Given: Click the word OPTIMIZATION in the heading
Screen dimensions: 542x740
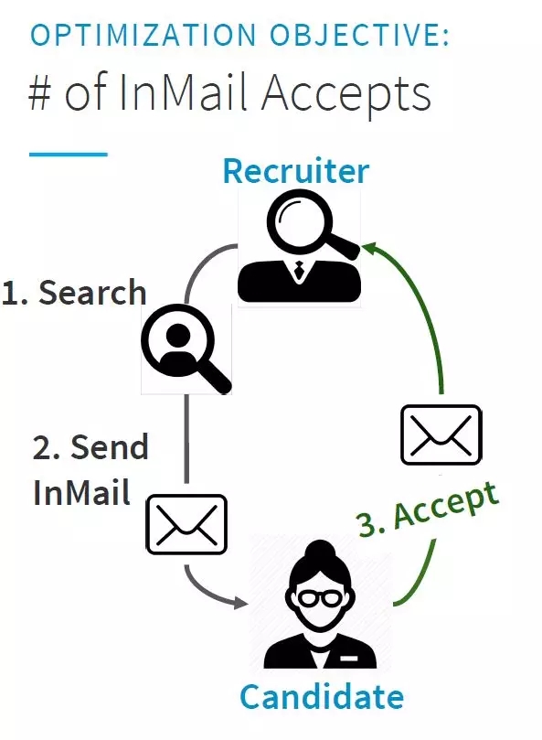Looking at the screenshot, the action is click(x=143, y=35).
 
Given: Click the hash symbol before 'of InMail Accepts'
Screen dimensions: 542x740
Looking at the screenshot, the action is click(x=40, y=92).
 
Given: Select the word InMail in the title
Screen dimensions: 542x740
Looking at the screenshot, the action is click(x=183, y=92).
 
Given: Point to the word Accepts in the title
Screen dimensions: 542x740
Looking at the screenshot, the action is click(x=346, y=96).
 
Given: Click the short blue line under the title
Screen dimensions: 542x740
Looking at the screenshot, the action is click(x=69, y=154).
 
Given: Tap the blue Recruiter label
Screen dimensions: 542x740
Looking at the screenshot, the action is click(x=296, y=170).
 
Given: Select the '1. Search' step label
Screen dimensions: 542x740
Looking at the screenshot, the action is click(x=74, y=292).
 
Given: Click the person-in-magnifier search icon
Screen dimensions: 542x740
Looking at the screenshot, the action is click(x=186, y=349).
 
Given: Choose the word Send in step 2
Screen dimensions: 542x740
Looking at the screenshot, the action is click(x=110, y=447).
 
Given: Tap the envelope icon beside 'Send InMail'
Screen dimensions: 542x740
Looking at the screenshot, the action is click(x=186, y=524).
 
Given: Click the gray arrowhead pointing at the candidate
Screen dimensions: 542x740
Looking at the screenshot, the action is click(x=241, y=603).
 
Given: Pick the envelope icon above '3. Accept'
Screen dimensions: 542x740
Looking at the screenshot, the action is click(x=441, y=434).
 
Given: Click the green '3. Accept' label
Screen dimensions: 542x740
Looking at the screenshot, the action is click(x=428, y=509).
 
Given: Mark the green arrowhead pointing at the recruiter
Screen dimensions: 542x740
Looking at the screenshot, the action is click(x=369, y=248).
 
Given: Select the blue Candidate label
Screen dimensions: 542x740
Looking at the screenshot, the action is click(x=322, y=697).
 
